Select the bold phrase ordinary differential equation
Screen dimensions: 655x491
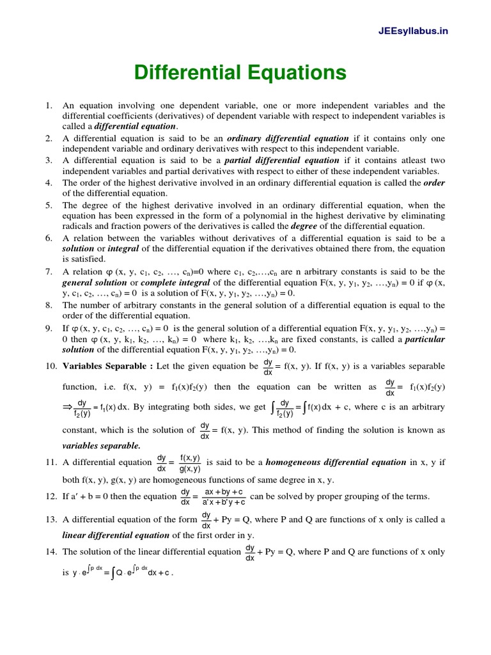[288, 138]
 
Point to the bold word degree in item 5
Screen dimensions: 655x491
[303, 226]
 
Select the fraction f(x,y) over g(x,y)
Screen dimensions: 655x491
[190, 462]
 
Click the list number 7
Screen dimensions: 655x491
[49, 272]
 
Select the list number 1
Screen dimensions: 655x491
[49, 105]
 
